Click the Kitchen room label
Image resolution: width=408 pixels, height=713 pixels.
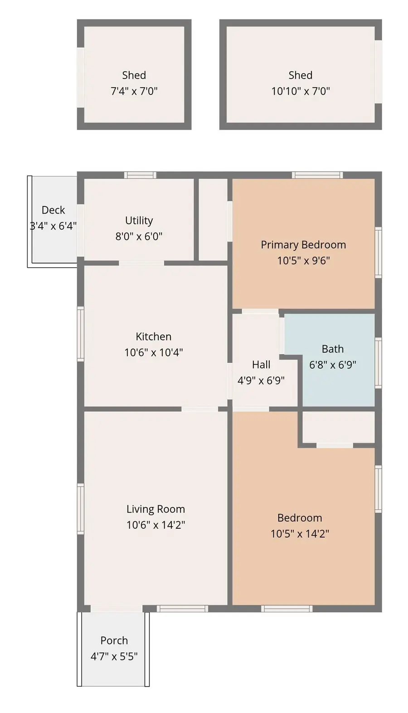coord(153,337)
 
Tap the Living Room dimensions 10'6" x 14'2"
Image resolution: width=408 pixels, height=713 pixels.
coord(155,525)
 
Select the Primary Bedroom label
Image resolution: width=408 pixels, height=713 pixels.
coord(303,245)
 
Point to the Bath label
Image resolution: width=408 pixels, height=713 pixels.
coord(332,349)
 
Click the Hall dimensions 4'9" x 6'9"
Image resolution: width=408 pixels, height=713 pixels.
coord(261,380)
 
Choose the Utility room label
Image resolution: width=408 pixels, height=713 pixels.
coord(139,220)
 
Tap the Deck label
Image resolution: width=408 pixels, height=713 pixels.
coord(53,210)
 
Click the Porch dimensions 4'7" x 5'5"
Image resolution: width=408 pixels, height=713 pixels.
coord(114,656)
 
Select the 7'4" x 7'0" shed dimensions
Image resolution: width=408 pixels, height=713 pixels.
coord(134,91)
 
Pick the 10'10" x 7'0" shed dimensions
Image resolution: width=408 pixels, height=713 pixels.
coord(301,91)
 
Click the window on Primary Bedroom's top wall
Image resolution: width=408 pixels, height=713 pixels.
coord(317,175)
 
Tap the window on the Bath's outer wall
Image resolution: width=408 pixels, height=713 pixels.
coord(378,363)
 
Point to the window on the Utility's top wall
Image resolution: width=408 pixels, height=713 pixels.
coord(141,175)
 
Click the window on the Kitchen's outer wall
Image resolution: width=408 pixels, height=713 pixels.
coord(81,334)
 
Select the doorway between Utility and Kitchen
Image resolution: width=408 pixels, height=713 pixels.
coord(141,263)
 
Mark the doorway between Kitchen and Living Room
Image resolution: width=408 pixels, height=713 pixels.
coord(199,409)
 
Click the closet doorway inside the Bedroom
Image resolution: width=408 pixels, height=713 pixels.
coord(335,445)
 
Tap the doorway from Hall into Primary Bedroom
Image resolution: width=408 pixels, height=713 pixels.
coord(260,312)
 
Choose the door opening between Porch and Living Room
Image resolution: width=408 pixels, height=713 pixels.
coord(117,608)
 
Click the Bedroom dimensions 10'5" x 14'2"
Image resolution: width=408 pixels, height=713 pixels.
coord(300,533)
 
